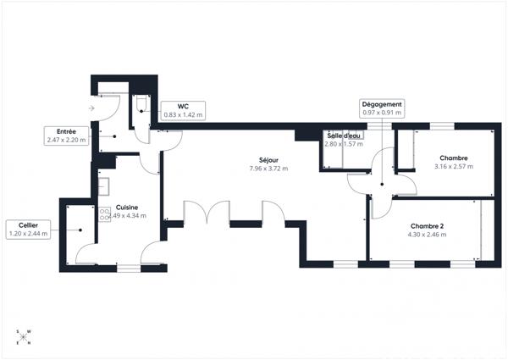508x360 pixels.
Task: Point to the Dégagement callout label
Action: point(382,108)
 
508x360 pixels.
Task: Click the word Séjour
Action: point(268,161)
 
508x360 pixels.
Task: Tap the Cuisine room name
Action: point(127,208)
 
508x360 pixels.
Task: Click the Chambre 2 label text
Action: point(427,226)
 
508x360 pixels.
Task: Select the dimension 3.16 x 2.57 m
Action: point(453,167)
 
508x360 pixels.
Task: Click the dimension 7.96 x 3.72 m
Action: point(268,169)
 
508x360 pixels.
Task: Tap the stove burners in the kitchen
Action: point(106,213)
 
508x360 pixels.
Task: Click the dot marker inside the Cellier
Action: point(81,229)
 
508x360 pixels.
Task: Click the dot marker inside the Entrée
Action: point(103,136)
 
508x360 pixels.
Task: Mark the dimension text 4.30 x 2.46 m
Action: point(427,234)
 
